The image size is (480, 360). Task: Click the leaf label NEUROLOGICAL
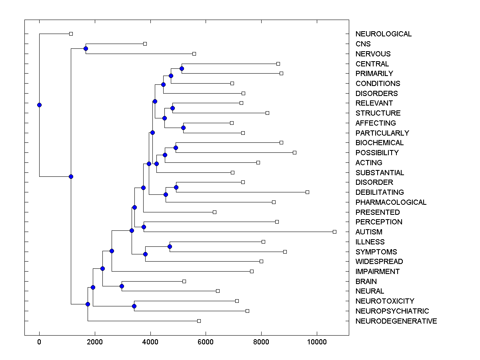click(383, 34)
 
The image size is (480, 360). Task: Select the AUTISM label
click(369, 232)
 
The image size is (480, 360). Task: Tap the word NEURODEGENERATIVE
click(396, 321)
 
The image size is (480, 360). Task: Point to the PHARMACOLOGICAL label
click(391, 202)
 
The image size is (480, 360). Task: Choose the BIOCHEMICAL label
click(380, 143)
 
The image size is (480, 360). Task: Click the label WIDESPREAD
click(379, 262)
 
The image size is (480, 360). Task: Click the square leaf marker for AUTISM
click(335, 232)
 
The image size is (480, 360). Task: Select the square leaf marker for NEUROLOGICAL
click(71, 34)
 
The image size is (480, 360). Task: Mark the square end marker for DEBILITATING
click(307, 192)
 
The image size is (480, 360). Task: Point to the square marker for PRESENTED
click(214, 212)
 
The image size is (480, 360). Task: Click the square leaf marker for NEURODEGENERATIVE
click(199, 321)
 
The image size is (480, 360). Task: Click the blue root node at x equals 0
click(39, 105)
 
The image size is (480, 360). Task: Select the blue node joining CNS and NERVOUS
click(86, 49)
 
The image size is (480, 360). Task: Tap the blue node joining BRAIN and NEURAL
click(122, 286)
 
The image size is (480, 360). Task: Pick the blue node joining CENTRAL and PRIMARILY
click(182, 69)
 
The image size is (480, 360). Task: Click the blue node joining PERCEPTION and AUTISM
click(144, 227)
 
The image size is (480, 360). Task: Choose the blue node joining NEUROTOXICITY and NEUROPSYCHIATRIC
click(134, 306)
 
